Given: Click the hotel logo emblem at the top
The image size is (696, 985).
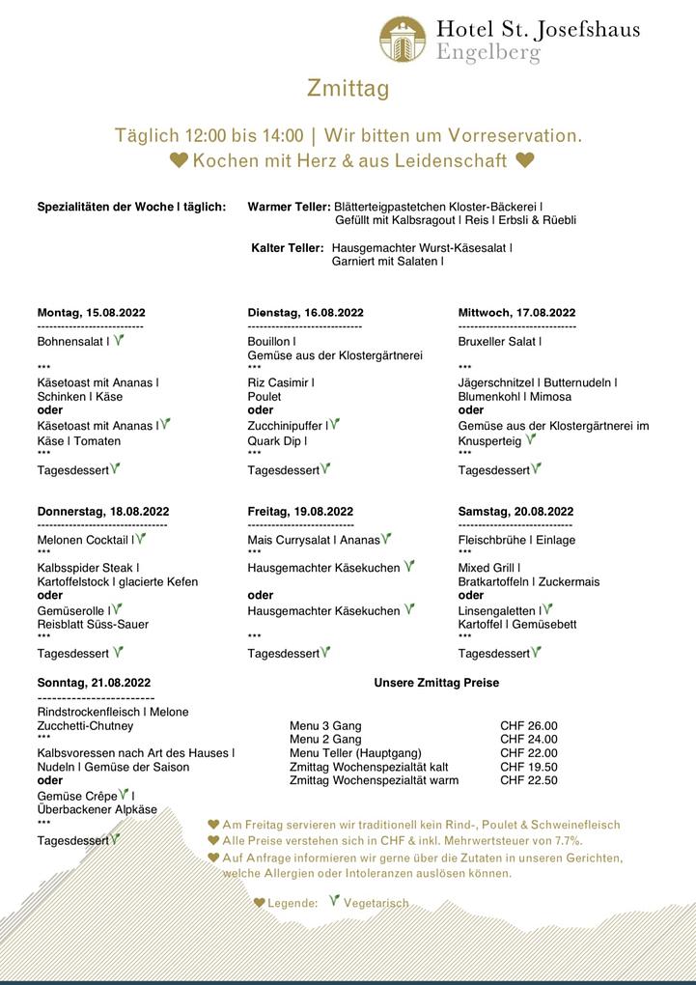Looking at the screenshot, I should click(403, 40).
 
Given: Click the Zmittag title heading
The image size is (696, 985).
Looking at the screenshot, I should click(348, 89).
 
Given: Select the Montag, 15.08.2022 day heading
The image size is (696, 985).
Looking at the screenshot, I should click(92, 313).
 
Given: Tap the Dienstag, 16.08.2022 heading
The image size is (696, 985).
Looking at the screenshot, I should click(305, 313).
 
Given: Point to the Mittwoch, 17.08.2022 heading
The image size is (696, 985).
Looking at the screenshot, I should click(516, 313).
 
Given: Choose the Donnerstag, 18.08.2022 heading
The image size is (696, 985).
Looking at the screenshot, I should click(103, 512).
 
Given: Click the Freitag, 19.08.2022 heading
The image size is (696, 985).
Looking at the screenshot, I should click(300, 512).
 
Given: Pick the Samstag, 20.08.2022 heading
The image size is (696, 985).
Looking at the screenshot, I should click(515, 512).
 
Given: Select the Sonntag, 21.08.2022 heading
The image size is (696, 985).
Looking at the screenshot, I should click(94, 683).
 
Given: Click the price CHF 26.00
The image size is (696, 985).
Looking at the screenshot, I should click(528, 726).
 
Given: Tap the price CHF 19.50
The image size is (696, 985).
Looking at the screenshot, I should click(528, 767).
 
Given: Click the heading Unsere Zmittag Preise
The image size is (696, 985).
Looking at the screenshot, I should click(436, 683).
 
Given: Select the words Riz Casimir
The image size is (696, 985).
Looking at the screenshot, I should click(279, 382).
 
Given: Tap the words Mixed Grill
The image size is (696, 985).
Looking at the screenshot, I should click(487, 568).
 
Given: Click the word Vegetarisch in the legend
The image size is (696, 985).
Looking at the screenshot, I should click(376, 903).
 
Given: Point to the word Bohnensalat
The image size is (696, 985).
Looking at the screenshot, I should click(70, 342).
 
